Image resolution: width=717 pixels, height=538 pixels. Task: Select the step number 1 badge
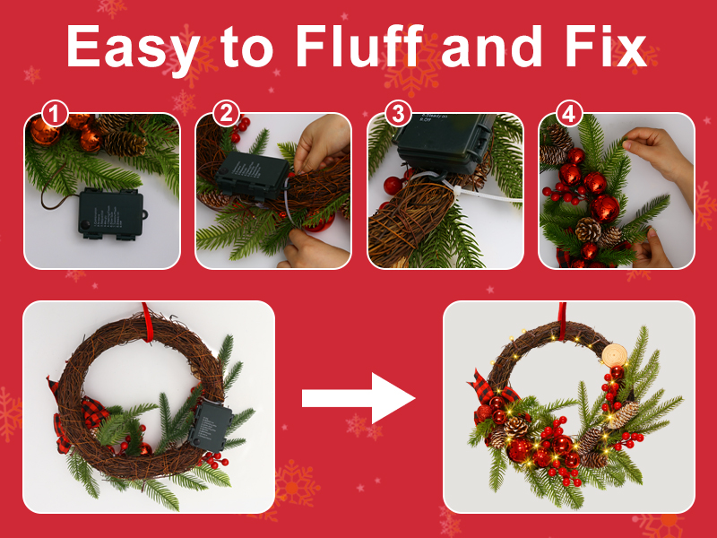pos(56,115)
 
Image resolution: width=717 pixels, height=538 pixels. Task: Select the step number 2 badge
pos(228,115)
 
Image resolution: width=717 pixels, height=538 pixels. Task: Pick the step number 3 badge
pos(398,115)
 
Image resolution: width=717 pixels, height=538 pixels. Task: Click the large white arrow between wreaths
pos(358,397)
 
